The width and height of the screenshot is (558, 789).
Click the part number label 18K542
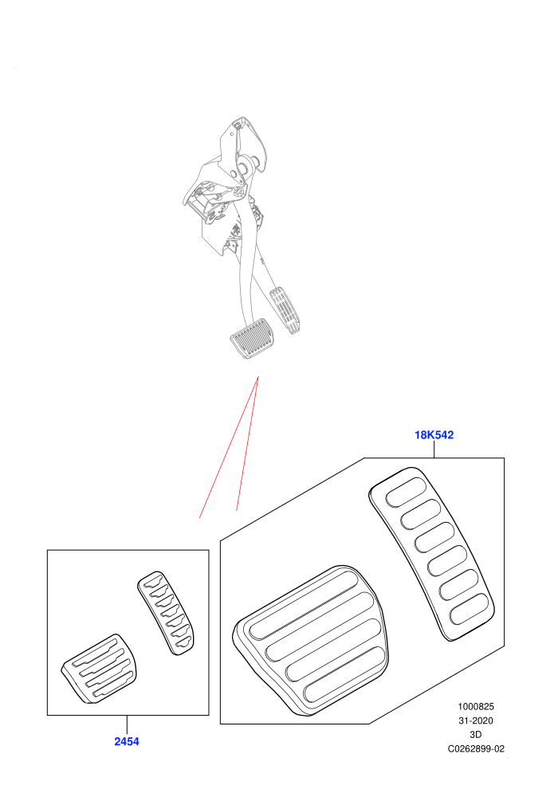[x=434, y=435]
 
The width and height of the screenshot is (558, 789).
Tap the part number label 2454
[x=127, y=741]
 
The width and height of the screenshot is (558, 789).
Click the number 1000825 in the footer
[x=475, y=706]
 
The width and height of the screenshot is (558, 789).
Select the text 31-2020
[x=475, y=720]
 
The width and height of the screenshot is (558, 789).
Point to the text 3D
[x=475, y=735]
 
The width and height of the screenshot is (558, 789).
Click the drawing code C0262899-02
[x=476, y=748]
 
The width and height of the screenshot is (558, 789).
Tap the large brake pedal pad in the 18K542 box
[x=310, y=640]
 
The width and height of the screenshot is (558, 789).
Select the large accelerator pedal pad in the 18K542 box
[x=432, y=554]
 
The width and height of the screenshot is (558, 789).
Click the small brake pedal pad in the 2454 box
[x=97, y=668]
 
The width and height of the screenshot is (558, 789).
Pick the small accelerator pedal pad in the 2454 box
[x=166, y=613]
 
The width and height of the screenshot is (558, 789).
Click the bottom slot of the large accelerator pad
[x=470, y=609]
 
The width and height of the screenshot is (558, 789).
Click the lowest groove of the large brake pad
[x=345, y=674]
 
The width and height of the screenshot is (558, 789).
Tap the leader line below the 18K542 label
[x=434, y=449]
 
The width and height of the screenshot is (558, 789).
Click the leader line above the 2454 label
[x=127, y=724]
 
